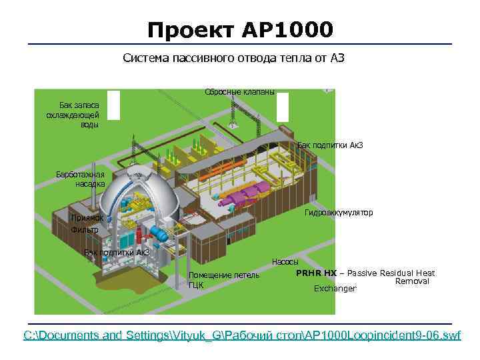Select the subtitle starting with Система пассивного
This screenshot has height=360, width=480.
tap(233, 59)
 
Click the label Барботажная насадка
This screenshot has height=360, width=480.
tap(80, 179)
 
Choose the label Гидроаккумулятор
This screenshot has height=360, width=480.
tap(338, 213)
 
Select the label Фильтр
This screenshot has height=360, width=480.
tap(85, 229)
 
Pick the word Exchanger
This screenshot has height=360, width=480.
tap(335, 289)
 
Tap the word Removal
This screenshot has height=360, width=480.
tap(412, 281)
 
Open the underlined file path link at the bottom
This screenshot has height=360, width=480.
tap(242, 335)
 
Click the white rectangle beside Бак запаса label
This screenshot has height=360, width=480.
tap(113, 104)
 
